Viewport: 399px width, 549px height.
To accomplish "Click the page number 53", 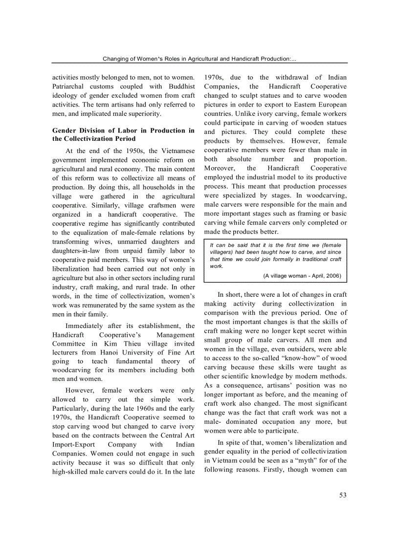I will click(x=342, y=495).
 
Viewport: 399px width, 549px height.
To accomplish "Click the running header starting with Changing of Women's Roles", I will click(x=199, y=59).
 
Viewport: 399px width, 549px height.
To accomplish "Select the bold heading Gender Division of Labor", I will click(x=123, y=134).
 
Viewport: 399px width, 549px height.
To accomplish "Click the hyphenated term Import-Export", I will click(x=75, y=444).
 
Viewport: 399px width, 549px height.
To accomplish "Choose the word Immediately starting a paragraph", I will click(x=84, y=326).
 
